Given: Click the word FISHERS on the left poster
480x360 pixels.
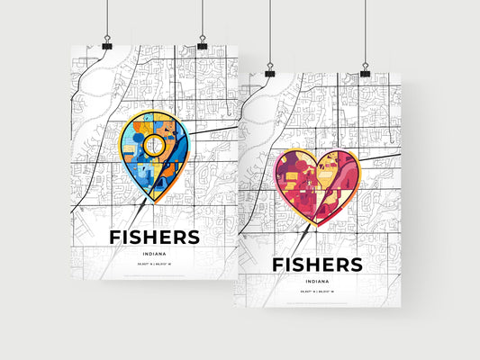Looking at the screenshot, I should (x=154, y=237).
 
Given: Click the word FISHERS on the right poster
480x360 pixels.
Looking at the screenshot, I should (x=317, y=265).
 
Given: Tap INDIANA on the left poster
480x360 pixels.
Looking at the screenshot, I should (x=154, y=254).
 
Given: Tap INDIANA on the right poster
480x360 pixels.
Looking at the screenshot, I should (x=317, y=281).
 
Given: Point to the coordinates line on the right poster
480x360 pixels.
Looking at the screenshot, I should (x=317, y=293).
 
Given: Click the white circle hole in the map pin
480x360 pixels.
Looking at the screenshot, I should (x=154, y=144).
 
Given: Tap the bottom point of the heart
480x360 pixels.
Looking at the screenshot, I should (x=311, y=225).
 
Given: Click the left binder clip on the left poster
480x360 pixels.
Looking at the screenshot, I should (x=107, y=45).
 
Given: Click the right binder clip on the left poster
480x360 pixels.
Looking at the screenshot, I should (x=202, y=45).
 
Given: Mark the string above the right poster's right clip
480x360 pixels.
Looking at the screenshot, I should (x=365, y=31).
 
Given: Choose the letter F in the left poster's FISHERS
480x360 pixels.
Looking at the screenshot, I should (x=114, y=237).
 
